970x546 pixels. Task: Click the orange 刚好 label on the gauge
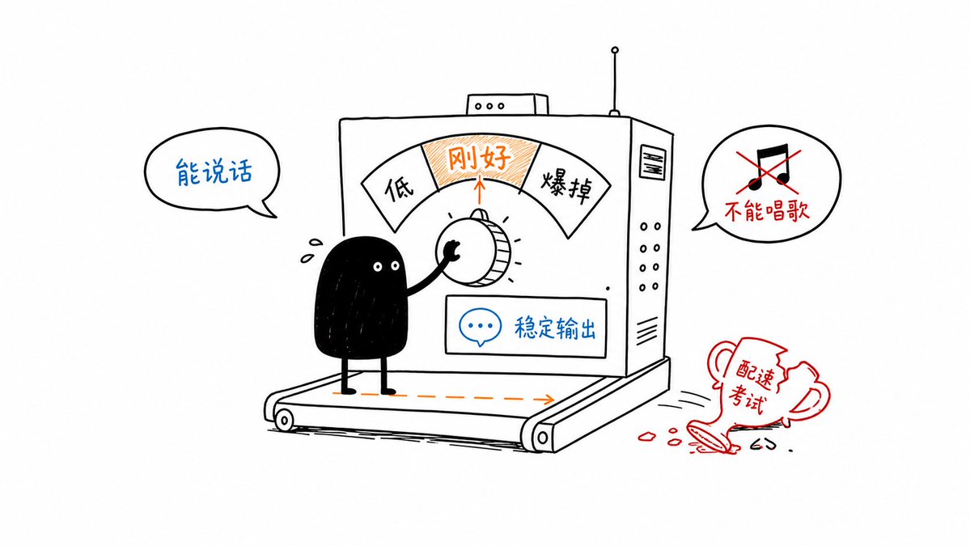click(x=480, y=159)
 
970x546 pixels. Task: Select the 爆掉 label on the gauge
click(x=566, y=185)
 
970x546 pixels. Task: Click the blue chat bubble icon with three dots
click(x=480, y=327)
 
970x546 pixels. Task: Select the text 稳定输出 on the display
click(x=555, y=328)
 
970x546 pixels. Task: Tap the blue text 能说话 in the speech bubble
click(x=214, y=171)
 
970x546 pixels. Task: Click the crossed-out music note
click(x=768, y=167)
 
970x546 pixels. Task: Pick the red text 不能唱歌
click(x=766, y=211)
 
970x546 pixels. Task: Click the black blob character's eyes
click(x=385, y=266)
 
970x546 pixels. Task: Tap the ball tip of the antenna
click(x=614, y=50)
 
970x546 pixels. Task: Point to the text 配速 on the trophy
click(x=755, y=373)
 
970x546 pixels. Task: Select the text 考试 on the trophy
click(x=747, y=399)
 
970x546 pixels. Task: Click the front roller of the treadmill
click(x=542, y=438)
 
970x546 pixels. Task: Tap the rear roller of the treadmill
click(x=284, y=421)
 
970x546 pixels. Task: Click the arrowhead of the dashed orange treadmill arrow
click(x=548, y=400)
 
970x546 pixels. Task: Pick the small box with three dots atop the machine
click(x=507, y=104)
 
